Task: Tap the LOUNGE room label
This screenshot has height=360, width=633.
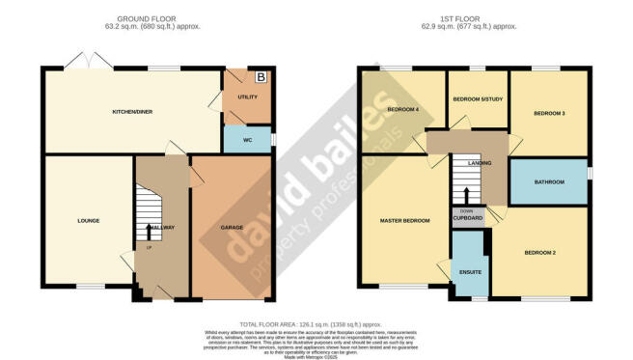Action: [x=89, y=220]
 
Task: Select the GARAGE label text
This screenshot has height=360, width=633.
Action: [x=232, y=228]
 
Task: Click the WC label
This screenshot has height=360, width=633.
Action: [x=247, y=140]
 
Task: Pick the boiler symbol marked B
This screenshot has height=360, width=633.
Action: [x=260, y=76]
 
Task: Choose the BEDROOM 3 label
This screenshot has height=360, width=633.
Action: [x=548, y=113]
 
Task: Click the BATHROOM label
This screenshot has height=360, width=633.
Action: [x=548, y=181]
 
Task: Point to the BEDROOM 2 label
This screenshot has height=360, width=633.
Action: [x=541, y=252]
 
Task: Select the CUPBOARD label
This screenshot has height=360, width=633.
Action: [x=467, y=219]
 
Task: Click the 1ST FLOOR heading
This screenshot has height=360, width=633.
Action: [x=473, y=18]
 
